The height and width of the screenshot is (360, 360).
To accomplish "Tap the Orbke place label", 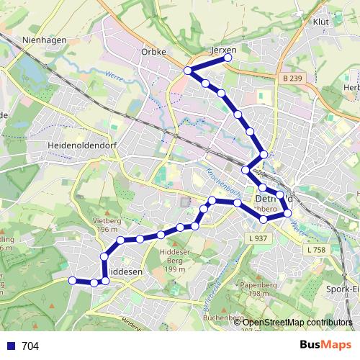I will [x=154, y=52].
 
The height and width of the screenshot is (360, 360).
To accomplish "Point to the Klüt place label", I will [x=321, y=22].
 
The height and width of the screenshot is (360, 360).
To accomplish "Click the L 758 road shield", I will [x=315, y=249].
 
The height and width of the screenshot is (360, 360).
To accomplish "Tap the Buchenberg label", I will [x=225, y=318].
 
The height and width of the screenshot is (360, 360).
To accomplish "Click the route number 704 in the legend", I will [x=30, y=346].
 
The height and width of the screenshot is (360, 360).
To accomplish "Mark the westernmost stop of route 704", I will [x=72, y=280].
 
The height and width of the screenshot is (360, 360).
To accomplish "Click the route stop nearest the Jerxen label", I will [x=229, y=57].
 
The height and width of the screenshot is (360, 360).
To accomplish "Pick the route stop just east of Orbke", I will [x=187, y=71].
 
